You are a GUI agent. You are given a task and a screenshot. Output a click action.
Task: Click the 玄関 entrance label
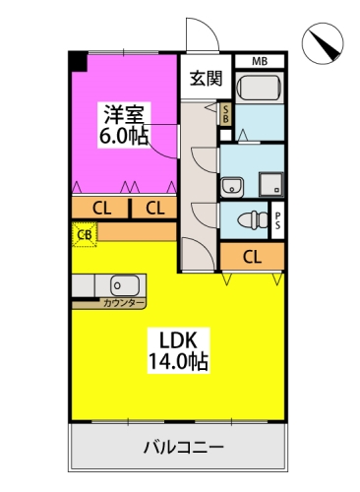coord(207,79)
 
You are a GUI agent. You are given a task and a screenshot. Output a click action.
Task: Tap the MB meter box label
coord(260,61)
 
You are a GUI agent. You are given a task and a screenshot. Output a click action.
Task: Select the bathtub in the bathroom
coord(259,88)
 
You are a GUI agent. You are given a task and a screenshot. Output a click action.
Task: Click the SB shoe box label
coord(225,114)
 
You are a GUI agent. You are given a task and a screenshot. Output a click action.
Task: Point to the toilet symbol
coord(253,219)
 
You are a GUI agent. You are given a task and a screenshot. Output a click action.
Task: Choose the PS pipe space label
coord(277,220)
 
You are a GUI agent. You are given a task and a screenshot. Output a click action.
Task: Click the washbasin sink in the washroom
coord(232,187)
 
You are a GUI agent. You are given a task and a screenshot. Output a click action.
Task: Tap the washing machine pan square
coord(271,185)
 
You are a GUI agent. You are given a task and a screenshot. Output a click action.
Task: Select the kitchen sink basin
coord(125,285)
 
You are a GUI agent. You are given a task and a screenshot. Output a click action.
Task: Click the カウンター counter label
coord(124,303)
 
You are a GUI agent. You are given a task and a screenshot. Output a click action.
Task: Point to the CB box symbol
coord(85,234)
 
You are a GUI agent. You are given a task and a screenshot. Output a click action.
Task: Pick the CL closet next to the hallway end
coord(252,257)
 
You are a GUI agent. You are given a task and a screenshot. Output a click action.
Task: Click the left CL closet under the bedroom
coord(99,208)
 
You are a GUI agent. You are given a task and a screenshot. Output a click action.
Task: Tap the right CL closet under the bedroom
coord(154,208)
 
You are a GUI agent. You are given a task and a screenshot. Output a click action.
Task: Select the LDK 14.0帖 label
coord(179,350)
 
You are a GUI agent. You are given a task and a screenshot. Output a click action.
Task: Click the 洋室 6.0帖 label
coord(124,125)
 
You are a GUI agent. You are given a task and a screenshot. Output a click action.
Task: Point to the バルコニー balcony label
coord(184,447)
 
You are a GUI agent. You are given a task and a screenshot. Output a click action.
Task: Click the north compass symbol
coord(323,43)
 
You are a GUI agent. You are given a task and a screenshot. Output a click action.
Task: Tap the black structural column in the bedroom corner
coord(78,61)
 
